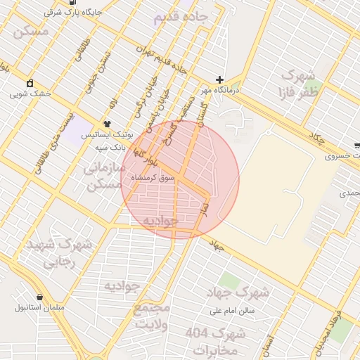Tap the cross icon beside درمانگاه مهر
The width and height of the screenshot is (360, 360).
tap(220, 80)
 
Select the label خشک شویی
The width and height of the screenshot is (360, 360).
tap(28, 93)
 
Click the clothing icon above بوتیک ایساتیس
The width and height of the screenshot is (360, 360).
tap(107, 124)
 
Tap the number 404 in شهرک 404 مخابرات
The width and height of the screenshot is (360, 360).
tap(202, 333)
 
